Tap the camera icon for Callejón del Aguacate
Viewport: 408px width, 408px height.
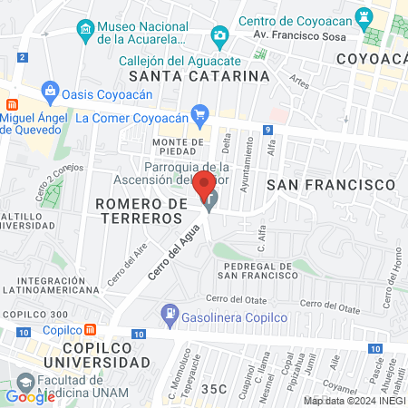click(x=219, y=36)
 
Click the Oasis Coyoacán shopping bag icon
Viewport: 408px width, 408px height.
click(x=49, y=91)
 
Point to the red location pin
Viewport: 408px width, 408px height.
click(x=209, y=185)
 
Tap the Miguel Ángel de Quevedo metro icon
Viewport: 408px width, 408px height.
click(x=12, y=105)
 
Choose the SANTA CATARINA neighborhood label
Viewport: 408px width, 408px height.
click(x=199, y=76)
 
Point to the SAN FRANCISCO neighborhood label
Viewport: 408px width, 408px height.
click(x=332, y=184)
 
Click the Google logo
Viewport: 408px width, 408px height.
click(x=30, y=396)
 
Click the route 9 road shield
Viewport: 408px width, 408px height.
click(x=268, y=131)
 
